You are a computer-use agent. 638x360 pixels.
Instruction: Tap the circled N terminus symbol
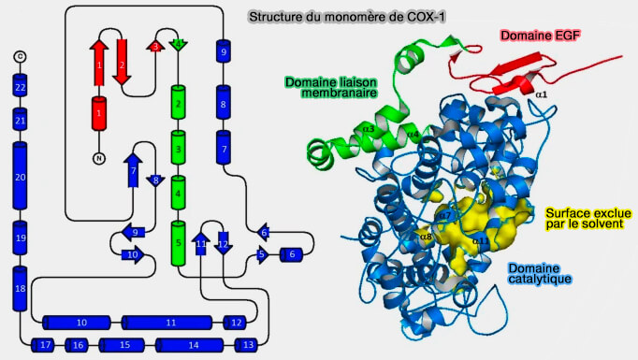click(x=98, y=158)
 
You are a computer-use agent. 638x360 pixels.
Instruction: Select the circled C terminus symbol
click(x=20, y=58)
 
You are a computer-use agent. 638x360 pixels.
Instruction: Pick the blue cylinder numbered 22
click(x=20, y=88)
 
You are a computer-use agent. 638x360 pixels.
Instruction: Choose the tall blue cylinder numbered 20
click(x=20, y=177)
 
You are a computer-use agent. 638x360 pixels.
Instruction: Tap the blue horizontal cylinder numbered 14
click(x=193, y=345)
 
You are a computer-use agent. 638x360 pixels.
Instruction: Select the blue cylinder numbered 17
click(x=44, y=345)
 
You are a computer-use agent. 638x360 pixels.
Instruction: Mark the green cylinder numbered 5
click(x=178, y=243)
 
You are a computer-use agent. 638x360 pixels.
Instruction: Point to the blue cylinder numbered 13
click(x=247, y=345)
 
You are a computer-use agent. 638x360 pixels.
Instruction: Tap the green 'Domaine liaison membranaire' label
click(x=332, y=87)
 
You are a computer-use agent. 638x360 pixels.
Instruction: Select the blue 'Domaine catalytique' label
click(x=540, y=272)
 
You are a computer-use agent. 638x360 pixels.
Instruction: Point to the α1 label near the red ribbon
click(x=542, y=94)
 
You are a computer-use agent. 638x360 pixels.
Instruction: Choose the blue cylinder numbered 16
click(x=79, y=345)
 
